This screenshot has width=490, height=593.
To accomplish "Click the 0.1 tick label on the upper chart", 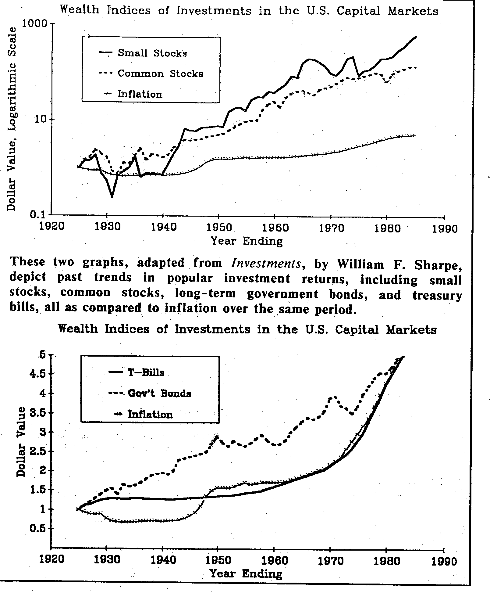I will coord(38,214).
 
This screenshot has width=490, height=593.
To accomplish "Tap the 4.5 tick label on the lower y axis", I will coord(38,374).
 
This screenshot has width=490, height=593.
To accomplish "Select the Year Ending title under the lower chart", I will coord(246,574).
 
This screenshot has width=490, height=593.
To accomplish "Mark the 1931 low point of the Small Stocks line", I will coord(112,197).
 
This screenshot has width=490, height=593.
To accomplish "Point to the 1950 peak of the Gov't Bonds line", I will coord(217,436).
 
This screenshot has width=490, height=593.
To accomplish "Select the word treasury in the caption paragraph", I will coord(437,296).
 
